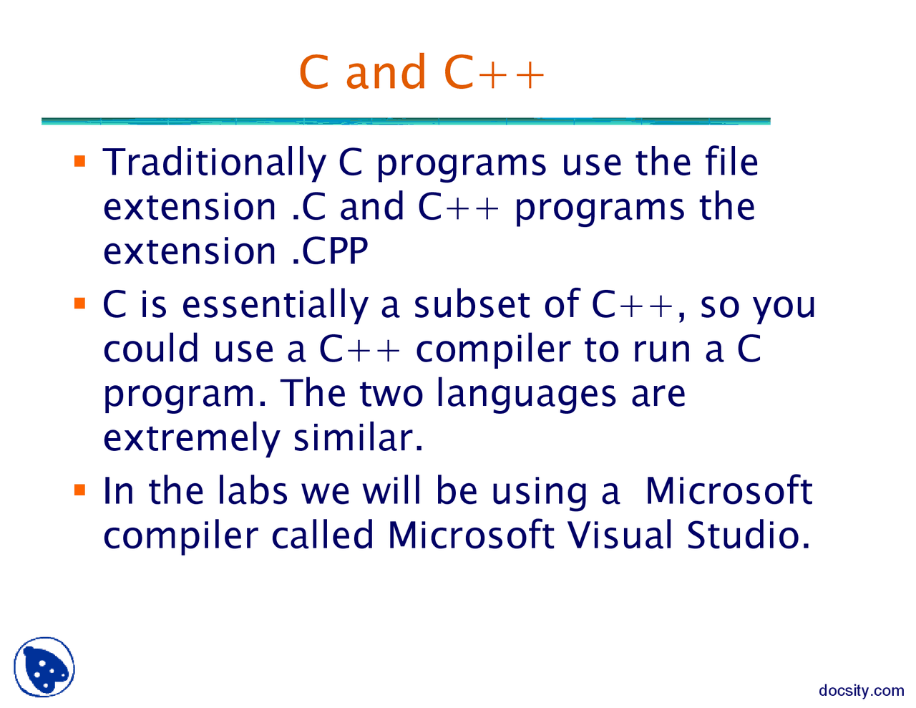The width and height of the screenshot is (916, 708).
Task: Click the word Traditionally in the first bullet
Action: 214,163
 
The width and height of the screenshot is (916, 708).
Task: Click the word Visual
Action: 620,535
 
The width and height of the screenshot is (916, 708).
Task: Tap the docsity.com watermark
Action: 861,691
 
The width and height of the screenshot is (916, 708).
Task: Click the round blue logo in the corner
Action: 44,667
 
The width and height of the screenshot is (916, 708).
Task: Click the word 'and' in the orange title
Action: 386,72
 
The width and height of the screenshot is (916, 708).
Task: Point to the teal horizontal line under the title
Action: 406,122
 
